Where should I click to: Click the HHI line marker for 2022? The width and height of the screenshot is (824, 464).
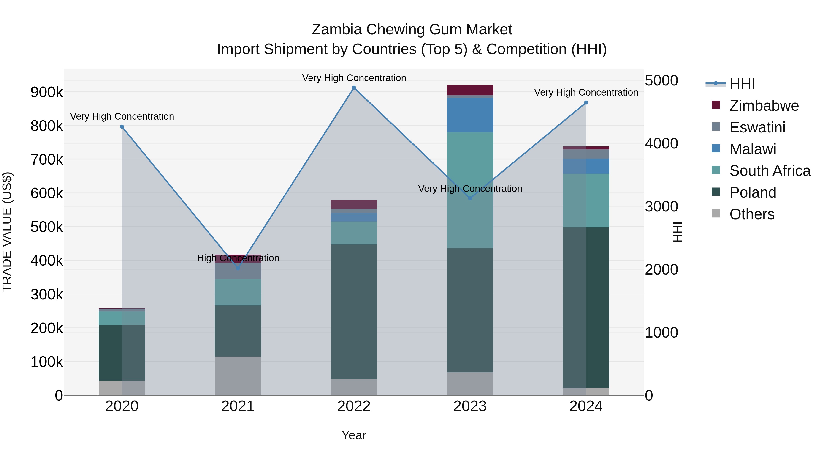click(x=354, y=88)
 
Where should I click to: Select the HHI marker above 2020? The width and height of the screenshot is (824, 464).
click(x=122, y=127)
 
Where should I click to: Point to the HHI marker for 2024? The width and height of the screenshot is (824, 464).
click(x=586, y=103)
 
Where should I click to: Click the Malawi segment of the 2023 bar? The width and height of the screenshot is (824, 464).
click(x=470, y=115)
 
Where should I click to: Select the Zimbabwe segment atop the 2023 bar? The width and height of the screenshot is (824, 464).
click(x=470, y=90)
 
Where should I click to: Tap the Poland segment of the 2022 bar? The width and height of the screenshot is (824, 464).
click(x=354, y=312)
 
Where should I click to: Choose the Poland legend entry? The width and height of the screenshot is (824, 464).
click(x=752, y=192)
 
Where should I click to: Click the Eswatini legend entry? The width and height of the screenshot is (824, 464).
click(x=757, y=127)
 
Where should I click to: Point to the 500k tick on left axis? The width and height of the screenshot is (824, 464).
click(x=47, y=227)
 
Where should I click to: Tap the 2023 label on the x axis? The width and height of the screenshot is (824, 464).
click(x=470, y=406)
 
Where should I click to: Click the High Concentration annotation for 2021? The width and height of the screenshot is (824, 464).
click(x=238, y=258)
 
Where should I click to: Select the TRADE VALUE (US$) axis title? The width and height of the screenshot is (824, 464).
click(x=7, y=232)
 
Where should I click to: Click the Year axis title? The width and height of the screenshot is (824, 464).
click(x=354, y=435)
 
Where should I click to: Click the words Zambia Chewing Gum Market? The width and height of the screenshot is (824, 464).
click(x=412, y=30)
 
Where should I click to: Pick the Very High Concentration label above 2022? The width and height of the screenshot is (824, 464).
click(x=354, y=78)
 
